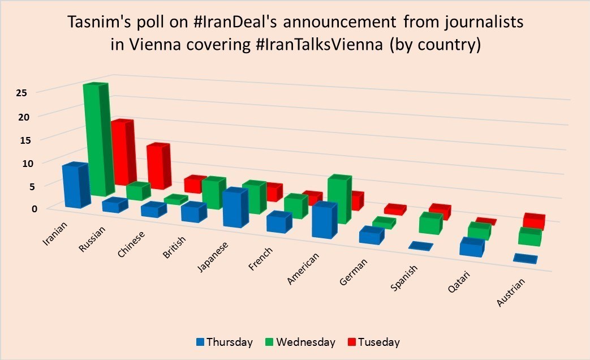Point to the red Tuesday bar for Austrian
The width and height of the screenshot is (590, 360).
pos(533,221)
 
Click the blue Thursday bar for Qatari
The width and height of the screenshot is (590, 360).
pos(471,247)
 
